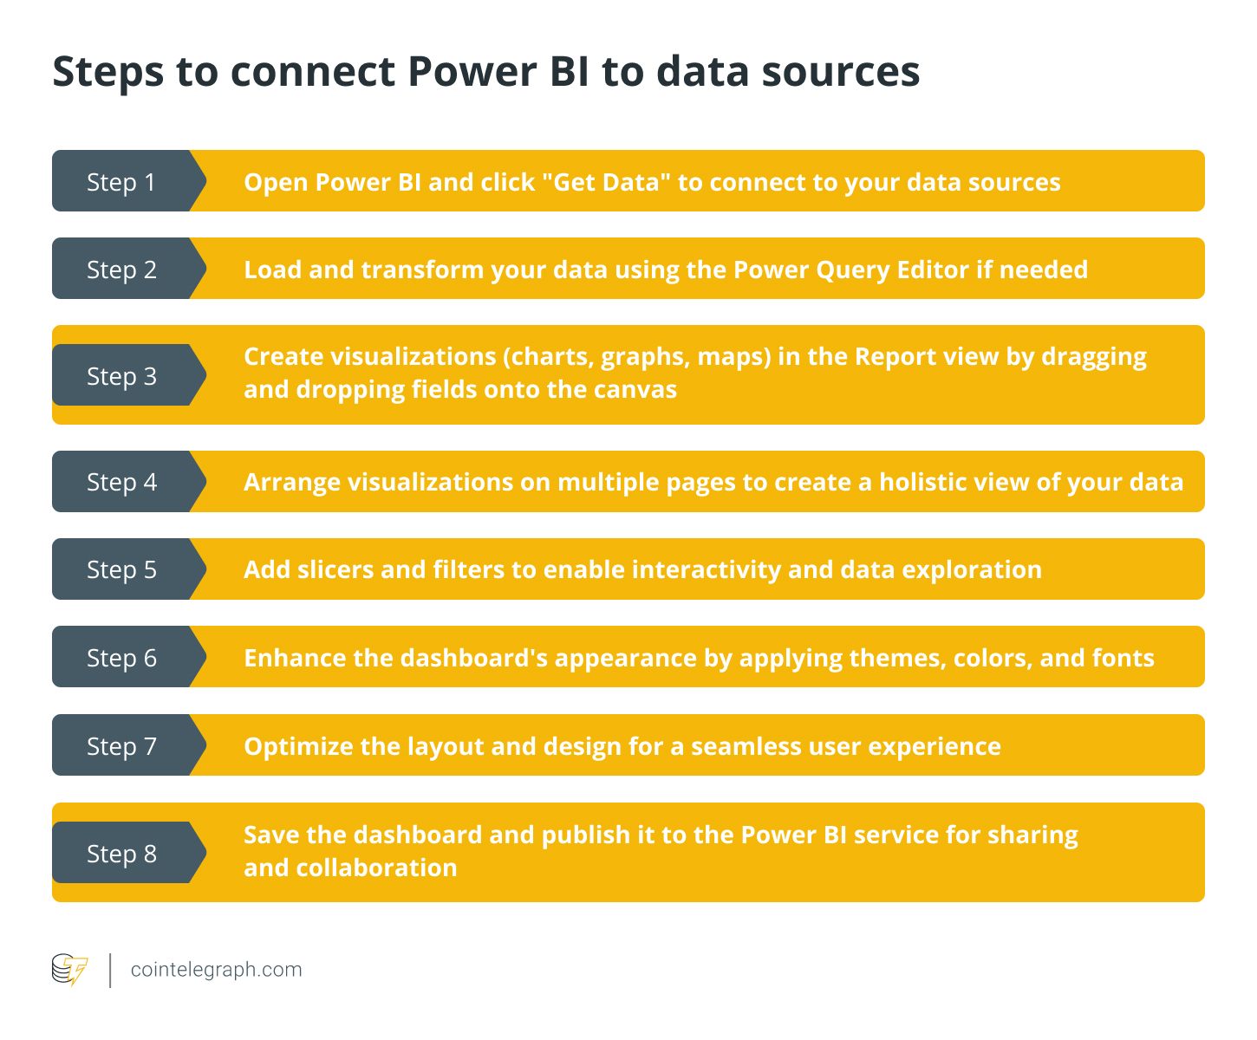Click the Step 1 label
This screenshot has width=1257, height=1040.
click(x=121, y=182)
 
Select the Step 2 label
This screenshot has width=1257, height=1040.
click(x=121, y=270)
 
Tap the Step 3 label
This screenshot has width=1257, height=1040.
click(x=121, y=376)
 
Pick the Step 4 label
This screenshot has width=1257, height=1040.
click(x=121, y=482)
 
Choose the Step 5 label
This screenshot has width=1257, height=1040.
click(x=121, y=569)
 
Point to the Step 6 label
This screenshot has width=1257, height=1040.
click(x=121, y=658)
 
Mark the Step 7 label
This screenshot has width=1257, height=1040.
click(x=121, y=746)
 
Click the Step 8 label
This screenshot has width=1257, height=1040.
click(x=121, y=854)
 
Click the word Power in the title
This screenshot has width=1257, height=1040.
click(x=472, y=72)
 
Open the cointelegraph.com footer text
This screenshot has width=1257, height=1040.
click(x=216, y=970)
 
